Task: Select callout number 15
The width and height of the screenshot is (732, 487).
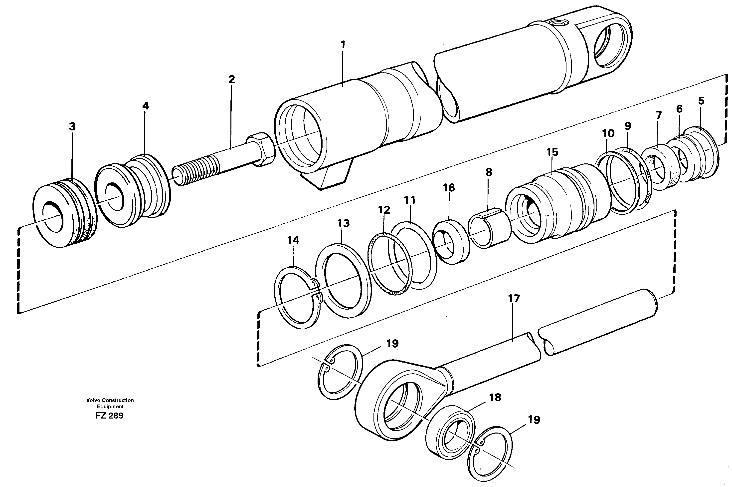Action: coord(552,152)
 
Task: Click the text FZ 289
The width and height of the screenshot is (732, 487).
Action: coord(109,416)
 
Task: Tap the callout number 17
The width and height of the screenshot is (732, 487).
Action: coord(514,299)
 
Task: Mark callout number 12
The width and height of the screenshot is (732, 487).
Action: coord(384,210)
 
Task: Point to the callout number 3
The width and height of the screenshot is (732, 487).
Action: coord(72,126)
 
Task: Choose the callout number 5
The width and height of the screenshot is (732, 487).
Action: coord(701,101)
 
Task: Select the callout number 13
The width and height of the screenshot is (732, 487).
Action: coord(344,223)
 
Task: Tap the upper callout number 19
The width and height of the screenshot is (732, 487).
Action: coord(392,344)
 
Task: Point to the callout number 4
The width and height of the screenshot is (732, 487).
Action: coord(145,106)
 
